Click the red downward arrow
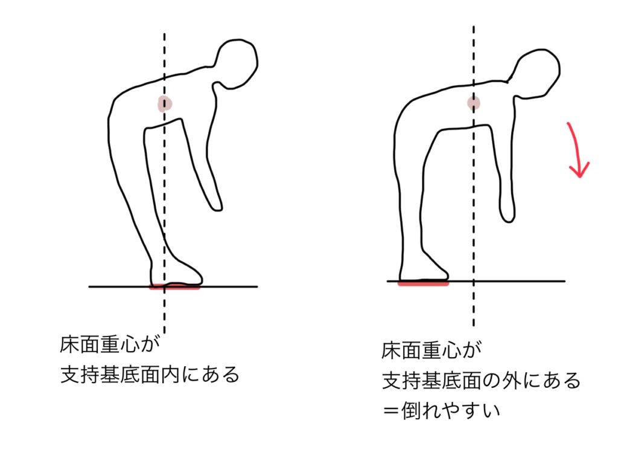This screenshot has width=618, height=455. [x=576, y=150]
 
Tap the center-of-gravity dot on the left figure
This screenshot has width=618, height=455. [x=165, y=104]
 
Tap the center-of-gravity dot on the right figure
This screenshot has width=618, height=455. [x=474, y=103]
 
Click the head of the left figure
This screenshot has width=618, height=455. [x=237, y=63]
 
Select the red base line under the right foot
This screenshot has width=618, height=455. [x=423, y=283]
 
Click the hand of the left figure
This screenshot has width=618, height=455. [x=215, y=201]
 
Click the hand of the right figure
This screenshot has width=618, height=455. [x=508, y=211]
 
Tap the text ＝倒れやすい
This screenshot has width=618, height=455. [x=441, y=411]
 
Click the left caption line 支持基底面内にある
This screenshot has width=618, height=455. [x=150, y=375]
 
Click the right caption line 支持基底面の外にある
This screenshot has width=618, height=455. [x=482, y=381]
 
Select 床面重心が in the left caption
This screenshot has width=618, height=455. [x=110, y=344]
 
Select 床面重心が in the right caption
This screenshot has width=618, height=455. [x=431, y=350]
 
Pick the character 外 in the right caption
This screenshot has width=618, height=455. [x=511, y=381]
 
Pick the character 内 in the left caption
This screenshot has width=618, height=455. [x=170, y=375]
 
